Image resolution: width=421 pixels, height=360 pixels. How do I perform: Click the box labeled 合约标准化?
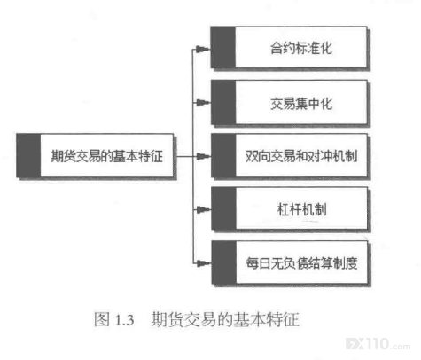pyautogui.click(x=289, y=48)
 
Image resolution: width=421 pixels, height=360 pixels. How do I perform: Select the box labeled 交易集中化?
pyautogui.click(x=289, y=103)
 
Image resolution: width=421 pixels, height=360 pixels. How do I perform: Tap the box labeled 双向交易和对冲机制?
pyautogui.click(x=290, y=156)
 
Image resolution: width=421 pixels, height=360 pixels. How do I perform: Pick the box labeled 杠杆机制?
pyautogui.click(x=290, y=209)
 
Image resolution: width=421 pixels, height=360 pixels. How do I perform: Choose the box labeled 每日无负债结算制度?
pyautogui.click(x=290, y=262)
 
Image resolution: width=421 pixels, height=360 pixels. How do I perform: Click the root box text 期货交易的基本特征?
pyautogui.click(x=106, y=156)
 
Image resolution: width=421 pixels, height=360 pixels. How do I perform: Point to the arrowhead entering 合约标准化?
pyautogui.click(x=203, y=49)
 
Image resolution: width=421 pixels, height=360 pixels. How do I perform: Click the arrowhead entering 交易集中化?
pyautogui.click(x=203, y=103)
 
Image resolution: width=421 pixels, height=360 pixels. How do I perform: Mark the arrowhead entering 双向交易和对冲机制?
pyautogui.click(x=204, y=156)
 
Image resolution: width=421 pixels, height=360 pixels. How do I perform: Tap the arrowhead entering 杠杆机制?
pyautogui.click(x=204, y=209)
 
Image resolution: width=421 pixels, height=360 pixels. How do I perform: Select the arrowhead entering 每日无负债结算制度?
pyautogui.click(x=204, y=262)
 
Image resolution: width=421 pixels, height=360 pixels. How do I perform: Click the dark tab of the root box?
pyautogui.click(x=28, y=155)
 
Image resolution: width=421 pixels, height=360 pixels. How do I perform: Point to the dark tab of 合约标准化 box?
pyautogui.click(x=223, y=48)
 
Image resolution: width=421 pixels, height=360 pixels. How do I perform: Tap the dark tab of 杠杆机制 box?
pyautogui.click(x=224, y=209)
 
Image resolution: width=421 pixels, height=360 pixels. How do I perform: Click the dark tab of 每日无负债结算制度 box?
pyautogui.click(x=224, y=262)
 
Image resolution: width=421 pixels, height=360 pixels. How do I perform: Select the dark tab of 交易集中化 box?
pyautogui.click(x=223, y=103)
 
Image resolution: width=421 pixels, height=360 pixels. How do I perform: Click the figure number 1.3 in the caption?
pyautogui.click(x=124, y=320)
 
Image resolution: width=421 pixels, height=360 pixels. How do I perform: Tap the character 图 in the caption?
pyautogui.click(x=102, y=319)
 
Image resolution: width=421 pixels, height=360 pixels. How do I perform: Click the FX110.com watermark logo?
pyautogui.click(x=378, y=344)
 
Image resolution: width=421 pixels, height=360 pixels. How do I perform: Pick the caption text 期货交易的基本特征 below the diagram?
pyautogui.click(x=225, y=319)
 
